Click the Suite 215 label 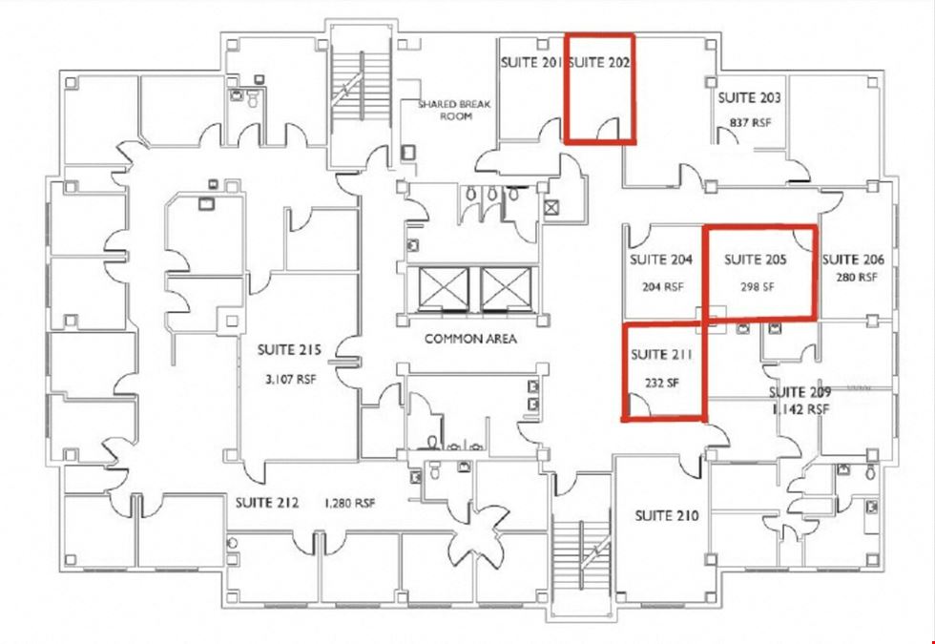289,350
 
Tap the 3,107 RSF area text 290,380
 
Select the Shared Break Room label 454,110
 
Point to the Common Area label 470,339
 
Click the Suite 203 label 749,97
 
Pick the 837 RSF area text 750,123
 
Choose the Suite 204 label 661,260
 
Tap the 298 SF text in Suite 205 758,287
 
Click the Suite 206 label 853,260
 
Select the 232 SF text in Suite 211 662,384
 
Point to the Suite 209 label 800,392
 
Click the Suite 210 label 666,515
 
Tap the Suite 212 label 266,503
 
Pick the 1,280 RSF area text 349,504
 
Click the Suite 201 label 531,62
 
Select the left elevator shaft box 445,289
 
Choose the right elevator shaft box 506,289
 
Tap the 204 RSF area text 662,287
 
